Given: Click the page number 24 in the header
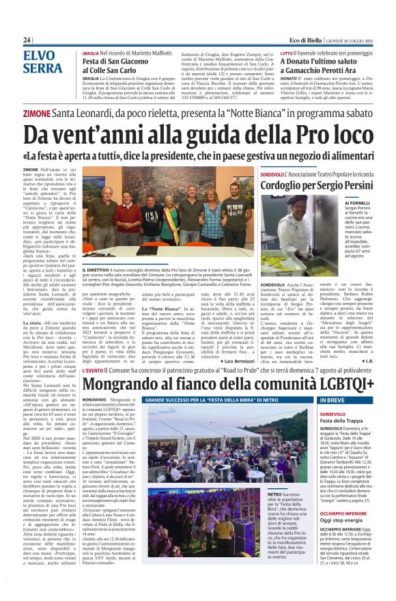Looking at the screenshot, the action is click(x=27, y=40).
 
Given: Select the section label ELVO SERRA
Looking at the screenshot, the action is click(x=42, y=62).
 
